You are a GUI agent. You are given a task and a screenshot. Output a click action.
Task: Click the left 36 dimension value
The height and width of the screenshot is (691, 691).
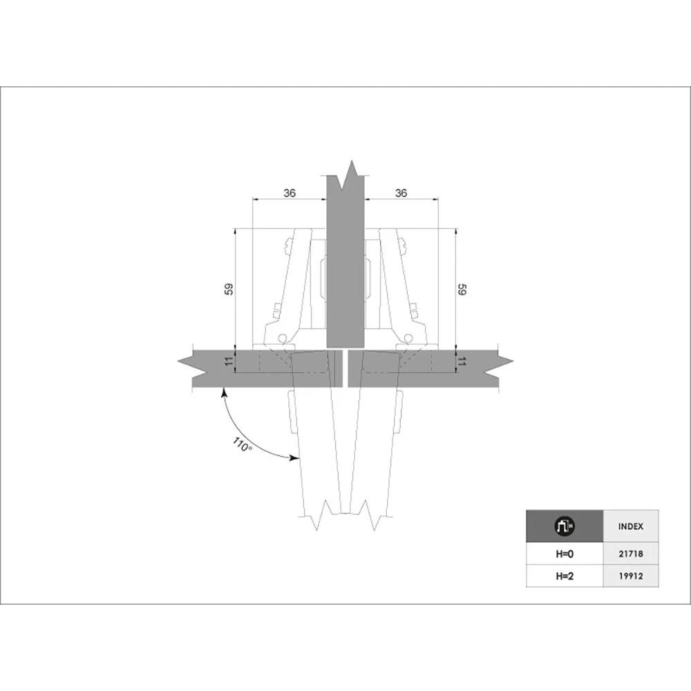(290, 193)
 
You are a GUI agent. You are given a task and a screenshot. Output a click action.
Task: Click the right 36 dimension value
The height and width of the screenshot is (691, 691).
(401, 193)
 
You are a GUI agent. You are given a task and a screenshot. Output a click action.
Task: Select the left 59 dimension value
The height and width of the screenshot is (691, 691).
(229, 289)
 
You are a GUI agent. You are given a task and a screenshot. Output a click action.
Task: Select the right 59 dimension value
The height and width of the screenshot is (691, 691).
(462, 290)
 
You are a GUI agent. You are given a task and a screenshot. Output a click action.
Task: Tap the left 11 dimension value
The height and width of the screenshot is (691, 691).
(229, 362)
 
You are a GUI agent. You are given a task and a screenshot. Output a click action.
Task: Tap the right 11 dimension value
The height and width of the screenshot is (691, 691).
(462, 362)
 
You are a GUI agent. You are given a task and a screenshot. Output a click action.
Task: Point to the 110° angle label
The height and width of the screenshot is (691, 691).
(242, 444)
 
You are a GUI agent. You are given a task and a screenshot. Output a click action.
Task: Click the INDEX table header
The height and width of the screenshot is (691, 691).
(631, 526)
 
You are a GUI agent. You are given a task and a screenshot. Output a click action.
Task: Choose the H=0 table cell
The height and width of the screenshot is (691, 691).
(565, 554)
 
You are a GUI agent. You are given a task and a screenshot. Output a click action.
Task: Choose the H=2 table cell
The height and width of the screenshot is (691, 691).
(565, 576)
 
